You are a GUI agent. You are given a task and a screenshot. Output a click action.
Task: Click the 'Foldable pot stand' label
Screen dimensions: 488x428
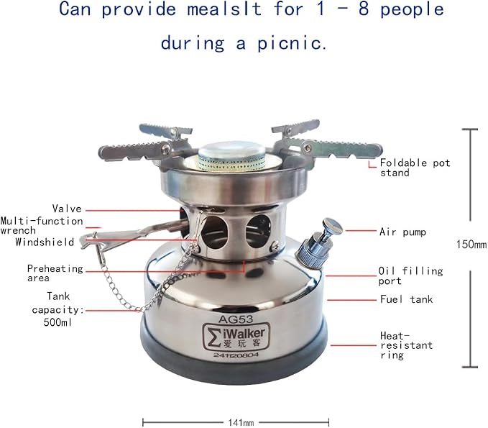(415, 168)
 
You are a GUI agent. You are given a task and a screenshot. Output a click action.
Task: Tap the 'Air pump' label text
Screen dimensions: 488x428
(402, 232)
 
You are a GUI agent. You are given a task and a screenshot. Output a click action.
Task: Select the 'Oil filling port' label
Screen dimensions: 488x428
(410, 276)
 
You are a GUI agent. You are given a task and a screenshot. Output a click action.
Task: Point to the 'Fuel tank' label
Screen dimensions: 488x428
(406, 299)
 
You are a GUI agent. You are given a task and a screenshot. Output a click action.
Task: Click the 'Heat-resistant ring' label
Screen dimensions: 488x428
(406, 345)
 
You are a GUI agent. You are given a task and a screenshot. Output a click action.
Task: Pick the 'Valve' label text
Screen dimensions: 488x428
(67, 209)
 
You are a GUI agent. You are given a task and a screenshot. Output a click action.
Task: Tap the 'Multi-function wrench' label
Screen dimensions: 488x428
(42, 226)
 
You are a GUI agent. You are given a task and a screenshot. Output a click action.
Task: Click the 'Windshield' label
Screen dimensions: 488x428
(45, 242)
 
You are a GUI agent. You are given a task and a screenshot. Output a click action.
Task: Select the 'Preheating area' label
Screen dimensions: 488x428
(55, 273)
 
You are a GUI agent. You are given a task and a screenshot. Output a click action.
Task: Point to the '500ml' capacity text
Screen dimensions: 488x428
(57, 322)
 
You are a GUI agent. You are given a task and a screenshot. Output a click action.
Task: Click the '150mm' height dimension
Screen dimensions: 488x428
(471, 245)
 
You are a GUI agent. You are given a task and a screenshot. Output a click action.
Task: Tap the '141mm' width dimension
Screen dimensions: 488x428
(241, 423)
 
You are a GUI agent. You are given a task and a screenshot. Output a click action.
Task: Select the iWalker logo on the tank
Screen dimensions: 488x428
(236, 336)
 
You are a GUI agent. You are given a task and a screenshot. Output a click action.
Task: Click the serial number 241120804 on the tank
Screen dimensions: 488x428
(236, 355)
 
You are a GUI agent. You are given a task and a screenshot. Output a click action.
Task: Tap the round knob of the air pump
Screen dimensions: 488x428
(332, 226)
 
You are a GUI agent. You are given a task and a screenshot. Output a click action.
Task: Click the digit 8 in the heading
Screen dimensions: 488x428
(364, 9)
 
